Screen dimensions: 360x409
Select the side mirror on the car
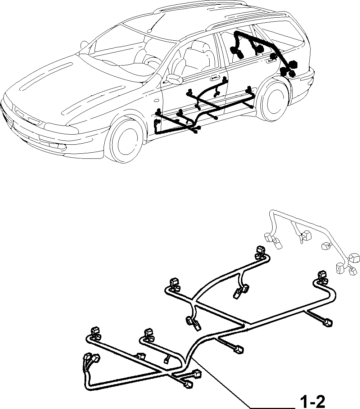[174, 79]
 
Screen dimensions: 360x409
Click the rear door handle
[271, 61]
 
